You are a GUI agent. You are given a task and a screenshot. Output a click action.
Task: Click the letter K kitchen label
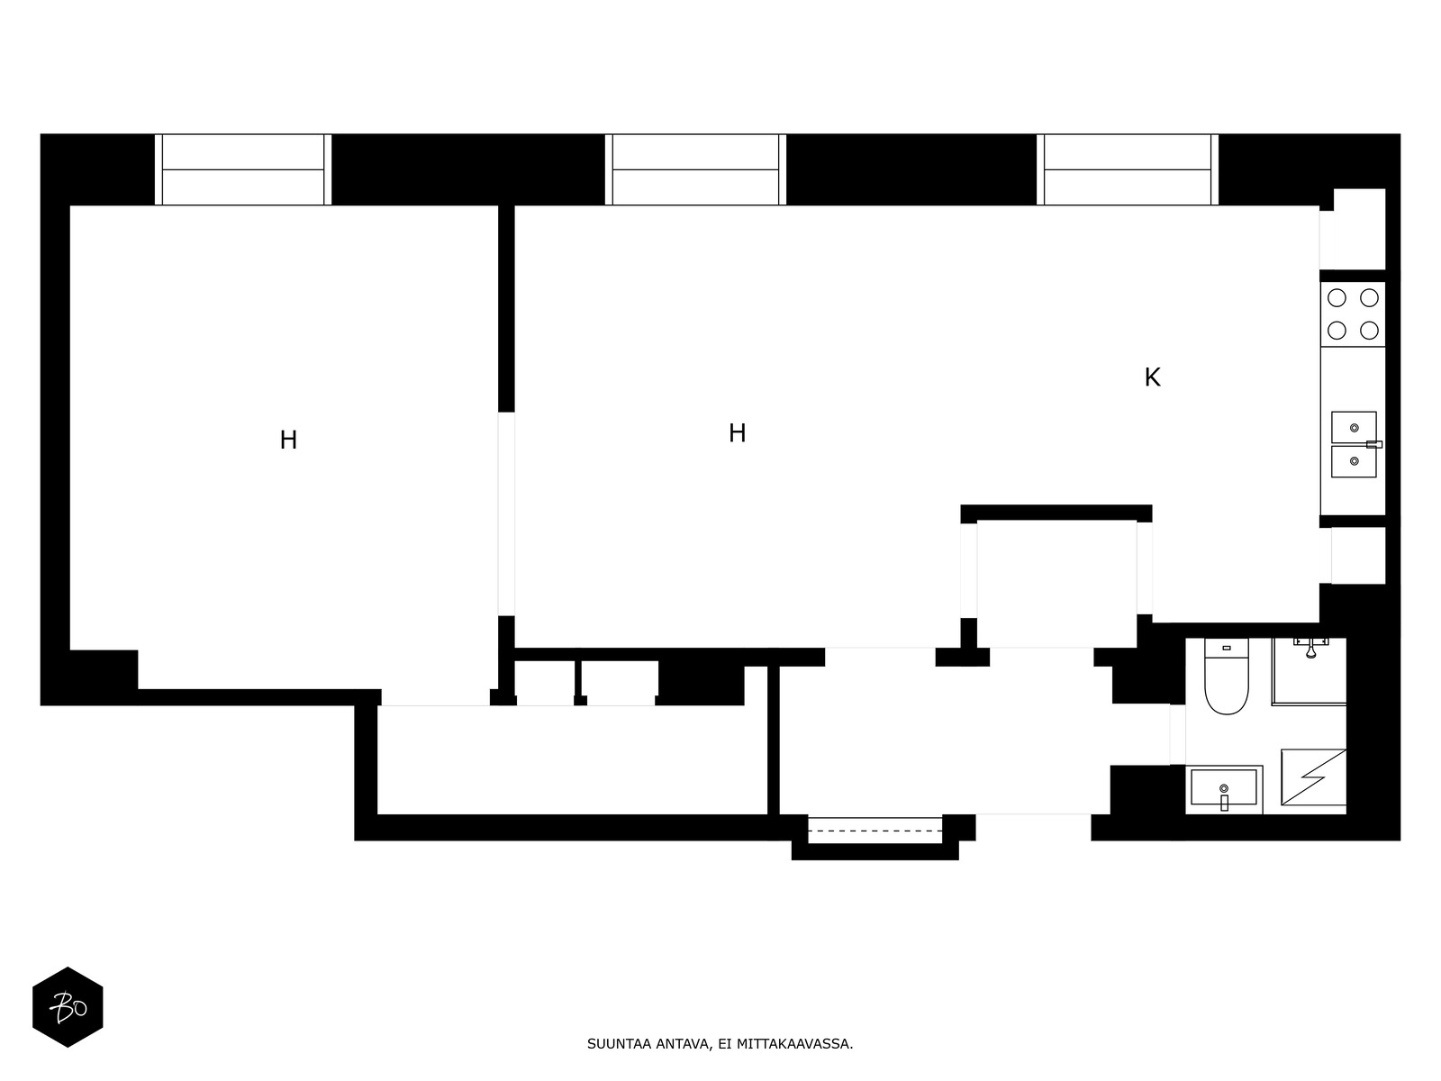pyautogui.click(x=1152, y=377)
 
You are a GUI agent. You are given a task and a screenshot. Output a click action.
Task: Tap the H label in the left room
pyautogui.click(x=288, y=440)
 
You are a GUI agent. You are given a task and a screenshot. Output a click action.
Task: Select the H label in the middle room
pyautogui.click(x=737, y=433)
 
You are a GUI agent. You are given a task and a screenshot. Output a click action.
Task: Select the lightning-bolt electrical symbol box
pyautogui.click(x=1313, y=777)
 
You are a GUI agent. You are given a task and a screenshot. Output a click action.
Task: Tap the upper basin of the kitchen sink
pyautogui.click(x=1354, y=427)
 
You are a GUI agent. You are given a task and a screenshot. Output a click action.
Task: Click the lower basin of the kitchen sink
pyautogui.click(x=1354, y=461)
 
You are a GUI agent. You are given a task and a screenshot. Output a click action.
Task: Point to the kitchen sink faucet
pyautogui.click(x=1373, y=444)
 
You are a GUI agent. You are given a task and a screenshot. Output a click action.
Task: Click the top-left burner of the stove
pyautogui.click(x=1337, y=298)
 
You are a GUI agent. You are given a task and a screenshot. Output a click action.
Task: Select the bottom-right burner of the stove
pyautogui.click(x=1369, y=330)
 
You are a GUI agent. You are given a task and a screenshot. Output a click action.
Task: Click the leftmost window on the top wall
pyautogui.click(x=243, y=169)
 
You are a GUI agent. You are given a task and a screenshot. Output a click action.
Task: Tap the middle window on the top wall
pyautogui.click(x=695, y=169)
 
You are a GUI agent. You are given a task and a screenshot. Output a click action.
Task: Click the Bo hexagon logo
pyautogui.click(x=68, y=1007)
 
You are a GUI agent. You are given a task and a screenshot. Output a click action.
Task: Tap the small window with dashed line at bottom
pyautogui.click(x=875, y=830)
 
